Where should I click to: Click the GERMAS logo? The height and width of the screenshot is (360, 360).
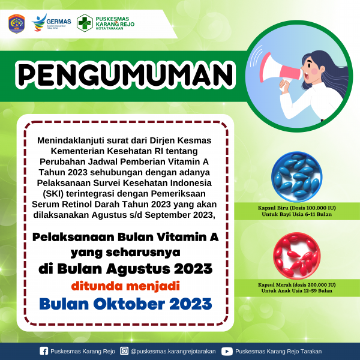[x=52, y=23]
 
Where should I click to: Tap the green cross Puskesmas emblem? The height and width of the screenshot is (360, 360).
[x=85, y=23]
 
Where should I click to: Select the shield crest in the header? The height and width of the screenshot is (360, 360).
[x=17, y=23]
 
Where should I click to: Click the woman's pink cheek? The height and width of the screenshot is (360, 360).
[x=314, y=71]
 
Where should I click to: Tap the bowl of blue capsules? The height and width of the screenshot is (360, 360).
[x=296, y=176]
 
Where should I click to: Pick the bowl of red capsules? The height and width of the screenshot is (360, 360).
[x=296, y=256]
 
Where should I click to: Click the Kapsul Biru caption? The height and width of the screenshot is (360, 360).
[x=296, y=211]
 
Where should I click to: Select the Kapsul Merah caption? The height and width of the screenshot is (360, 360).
[x=296, y=287]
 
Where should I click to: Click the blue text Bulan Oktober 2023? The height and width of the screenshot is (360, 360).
[x=125, y=304]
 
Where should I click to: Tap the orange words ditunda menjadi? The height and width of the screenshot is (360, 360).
[x=125, y=286]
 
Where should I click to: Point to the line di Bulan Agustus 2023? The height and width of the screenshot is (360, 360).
[x=125, y=269]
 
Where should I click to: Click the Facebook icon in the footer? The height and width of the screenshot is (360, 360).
[x=44, y=351]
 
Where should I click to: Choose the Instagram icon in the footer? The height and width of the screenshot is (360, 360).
[x=124, y=351]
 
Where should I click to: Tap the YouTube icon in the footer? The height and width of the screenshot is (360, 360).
[x=227, y=351]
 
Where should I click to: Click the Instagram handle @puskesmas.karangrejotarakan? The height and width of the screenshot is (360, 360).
[x=173, y=351]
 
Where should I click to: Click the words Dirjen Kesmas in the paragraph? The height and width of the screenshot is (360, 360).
[x=181, y=140]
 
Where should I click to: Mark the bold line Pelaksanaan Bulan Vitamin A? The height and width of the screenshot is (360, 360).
[x=125, y=237]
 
